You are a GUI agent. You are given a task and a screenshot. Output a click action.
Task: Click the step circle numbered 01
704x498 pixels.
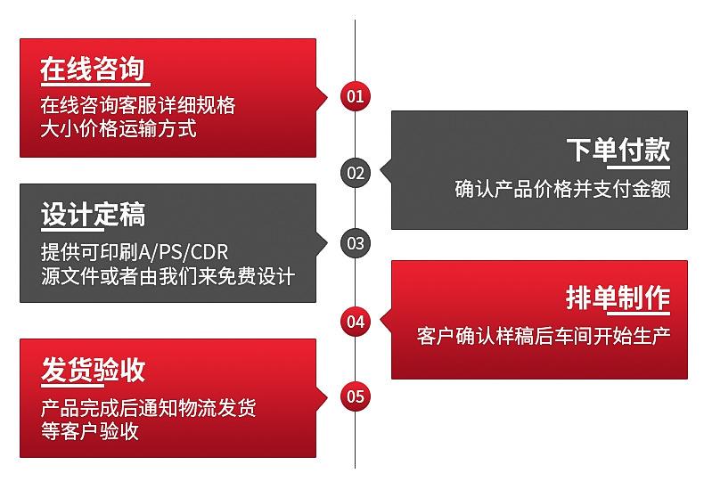(x=356, y=96)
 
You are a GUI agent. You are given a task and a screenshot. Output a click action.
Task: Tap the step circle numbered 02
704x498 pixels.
(x=356, y=173)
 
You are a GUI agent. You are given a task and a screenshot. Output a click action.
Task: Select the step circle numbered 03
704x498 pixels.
(x=356, y=242)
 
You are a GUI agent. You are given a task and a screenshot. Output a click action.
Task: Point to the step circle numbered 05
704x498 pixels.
(x=356, y=396)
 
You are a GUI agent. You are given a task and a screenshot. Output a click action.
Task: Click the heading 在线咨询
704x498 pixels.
(x=93, y=68)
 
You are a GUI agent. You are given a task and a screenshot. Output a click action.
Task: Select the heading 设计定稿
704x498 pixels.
(x=93, y=215)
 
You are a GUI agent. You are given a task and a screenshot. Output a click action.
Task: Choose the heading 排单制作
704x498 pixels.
(x=618, y=298)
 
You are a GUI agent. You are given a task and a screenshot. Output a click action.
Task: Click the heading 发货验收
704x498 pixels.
(x=93, y=370)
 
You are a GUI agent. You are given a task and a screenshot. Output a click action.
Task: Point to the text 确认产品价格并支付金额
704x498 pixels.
(x=561, y=189)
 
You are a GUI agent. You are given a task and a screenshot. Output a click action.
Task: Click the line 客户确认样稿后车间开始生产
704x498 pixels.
(x=543, y=337)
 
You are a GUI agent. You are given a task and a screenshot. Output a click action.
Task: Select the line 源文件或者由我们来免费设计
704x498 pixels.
(x=168, y=275)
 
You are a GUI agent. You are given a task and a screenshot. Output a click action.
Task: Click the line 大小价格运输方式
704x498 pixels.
(x=118, y=128)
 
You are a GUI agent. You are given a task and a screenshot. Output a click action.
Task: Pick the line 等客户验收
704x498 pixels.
(x=89, y=432)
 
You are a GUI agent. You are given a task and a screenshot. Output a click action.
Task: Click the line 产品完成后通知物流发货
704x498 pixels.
(x=148, y=409)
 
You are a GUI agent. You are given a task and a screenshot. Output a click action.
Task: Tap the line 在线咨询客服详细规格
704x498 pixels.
(x=138, y=105)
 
